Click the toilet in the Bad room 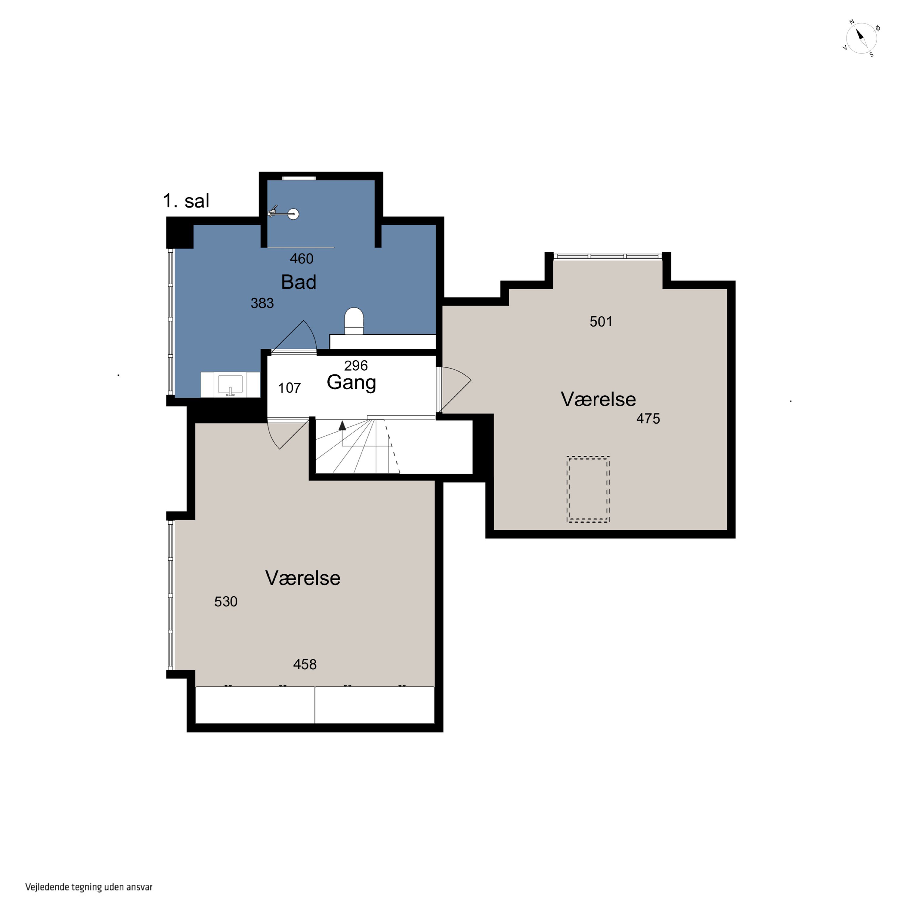pos(354,321)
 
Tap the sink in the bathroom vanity pos(230,385)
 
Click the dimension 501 pos(601,321)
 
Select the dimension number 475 pos(648,418)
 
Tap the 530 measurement pos(226,601)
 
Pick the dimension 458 pos(305,664)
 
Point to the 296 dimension pos(356,365)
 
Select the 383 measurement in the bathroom pos(262,303)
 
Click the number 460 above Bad pos(301,258)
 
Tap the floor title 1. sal pos(186,201)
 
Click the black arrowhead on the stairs pos(342,425)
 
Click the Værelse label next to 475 pos(598,399)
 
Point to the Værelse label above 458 pos(302,578)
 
